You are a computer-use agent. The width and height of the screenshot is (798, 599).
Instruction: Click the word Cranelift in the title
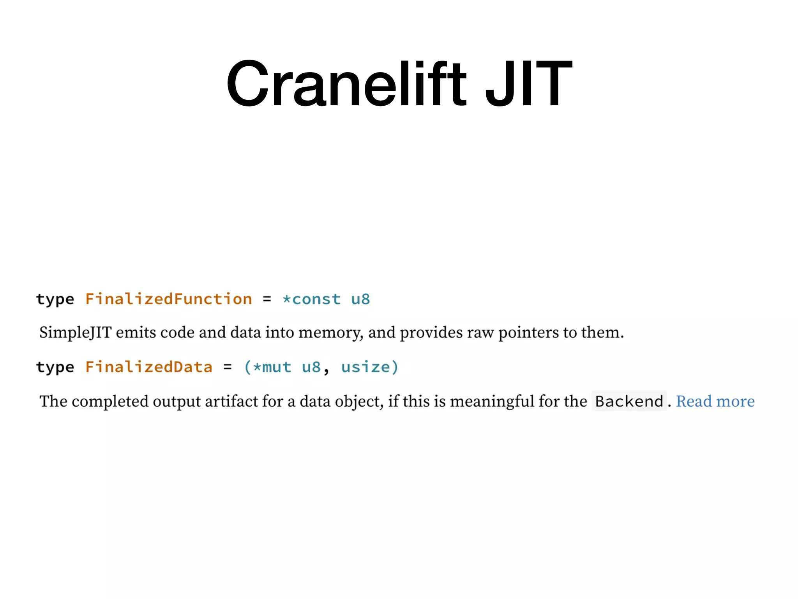[346, 83]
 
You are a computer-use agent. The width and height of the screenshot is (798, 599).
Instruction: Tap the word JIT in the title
[528, 83]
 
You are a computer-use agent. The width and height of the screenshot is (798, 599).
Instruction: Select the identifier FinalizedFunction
[168, 299]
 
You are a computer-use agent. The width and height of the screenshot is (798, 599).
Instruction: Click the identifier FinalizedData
[149, 367]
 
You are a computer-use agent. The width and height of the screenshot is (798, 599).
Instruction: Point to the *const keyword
[311, 299]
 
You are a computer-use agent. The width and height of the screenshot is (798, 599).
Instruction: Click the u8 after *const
[360, 299]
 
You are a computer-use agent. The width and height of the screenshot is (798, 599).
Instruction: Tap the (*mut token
[268, 367]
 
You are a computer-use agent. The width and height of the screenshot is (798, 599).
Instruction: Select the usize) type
[370, 367]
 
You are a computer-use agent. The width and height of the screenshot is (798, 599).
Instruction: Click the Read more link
[715, 401]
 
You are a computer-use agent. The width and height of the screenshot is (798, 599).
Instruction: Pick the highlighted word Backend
[629, 401]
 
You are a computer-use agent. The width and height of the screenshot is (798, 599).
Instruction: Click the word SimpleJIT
[76, 333]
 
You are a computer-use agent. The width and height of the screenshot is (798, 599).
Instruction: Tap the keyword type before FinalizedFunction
[55, 299]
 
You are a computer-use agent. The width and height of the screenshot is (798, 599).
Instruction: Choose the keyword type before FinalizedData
[55, 367]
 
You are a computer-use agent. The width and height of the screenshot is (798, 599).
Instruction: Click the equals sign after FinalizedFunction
[267, 299]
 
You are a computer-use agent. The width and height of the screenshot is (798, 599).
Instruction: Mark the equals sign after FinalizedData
[228, 367]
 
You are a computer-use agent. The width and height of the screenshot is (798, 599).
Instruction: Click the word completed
[110, 401]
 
